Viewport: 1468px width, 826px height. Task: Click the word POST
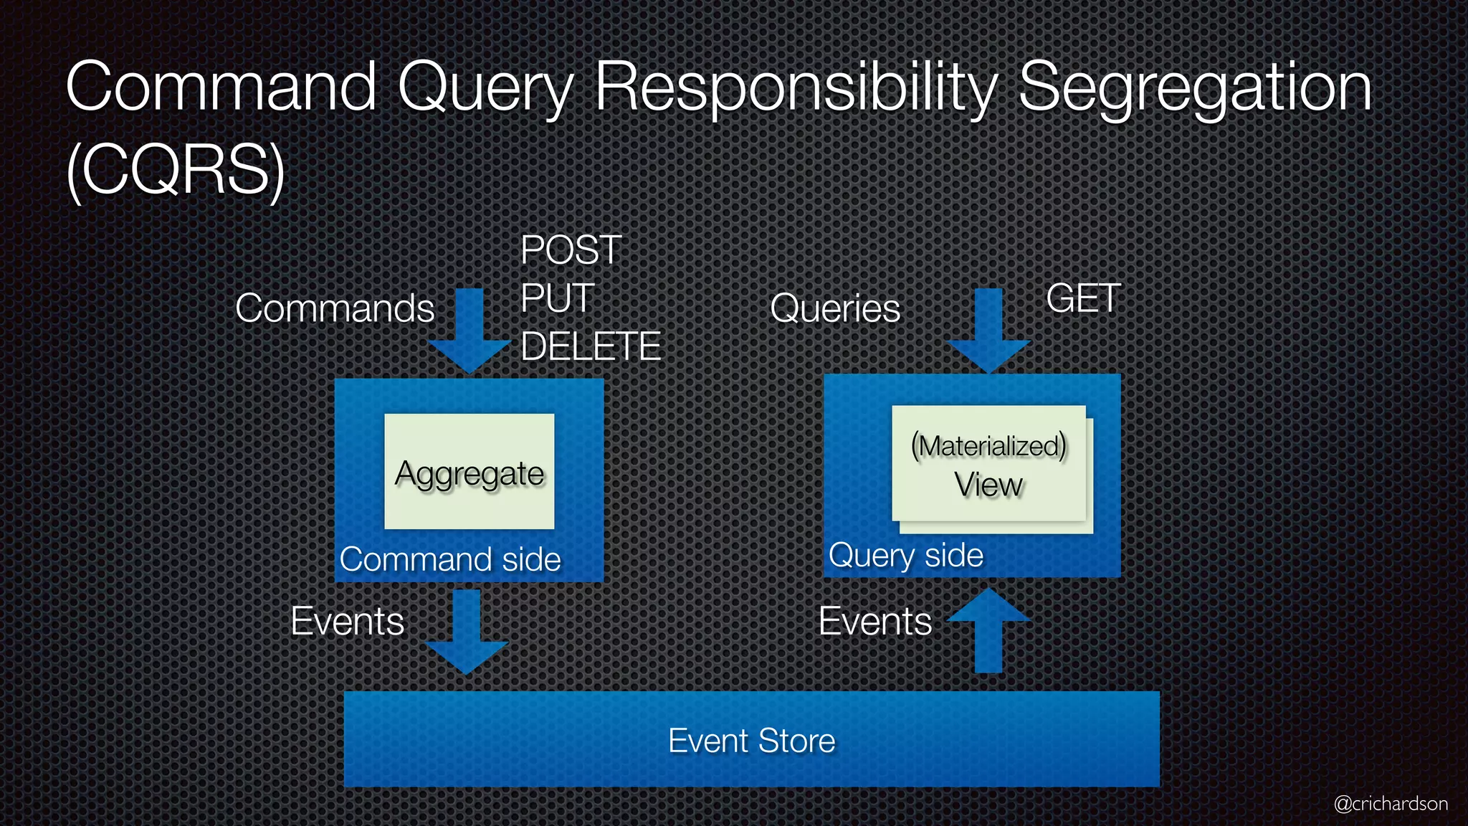[571, 250]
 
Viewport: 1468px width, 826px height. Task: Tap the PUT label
[558, 298]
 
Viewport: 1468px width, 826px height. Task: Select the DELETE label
[591, 346]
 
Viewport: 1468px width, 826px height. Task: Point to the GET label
[1083, 298]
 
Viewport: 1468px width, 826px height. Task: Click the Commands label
[335, 308]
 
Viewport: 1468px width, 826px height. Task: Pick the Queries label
[835, 308]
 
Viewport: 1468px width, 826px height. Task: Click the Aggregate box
[470, 472]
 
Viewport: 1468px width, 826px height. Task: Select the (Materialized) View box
[989, 464]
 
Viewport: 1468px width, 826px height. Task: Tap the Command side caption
[450, 559]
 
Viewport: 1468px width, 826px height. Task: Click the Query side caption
[906, 555]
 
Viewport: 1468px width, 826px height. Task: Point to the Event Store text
[751, 740]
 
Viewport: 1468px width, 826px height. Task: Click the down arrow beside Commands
[470, 330]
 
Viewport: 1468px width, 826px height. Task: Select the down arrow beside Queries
[988, 330]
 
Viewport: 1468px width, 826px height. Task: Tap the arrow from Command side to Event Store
[467, 631]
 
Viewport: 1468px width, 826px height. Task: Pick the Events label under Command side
[348, 621]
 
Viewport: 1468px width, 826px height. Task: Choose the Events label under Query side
[875, 621]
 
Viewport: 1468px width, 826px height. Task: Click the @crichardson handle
[1391, 804]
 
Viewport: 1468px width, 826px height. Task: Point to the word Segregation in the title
[1195, 87]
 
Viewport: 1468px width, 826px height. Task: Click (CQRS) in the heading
[176, 171]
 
